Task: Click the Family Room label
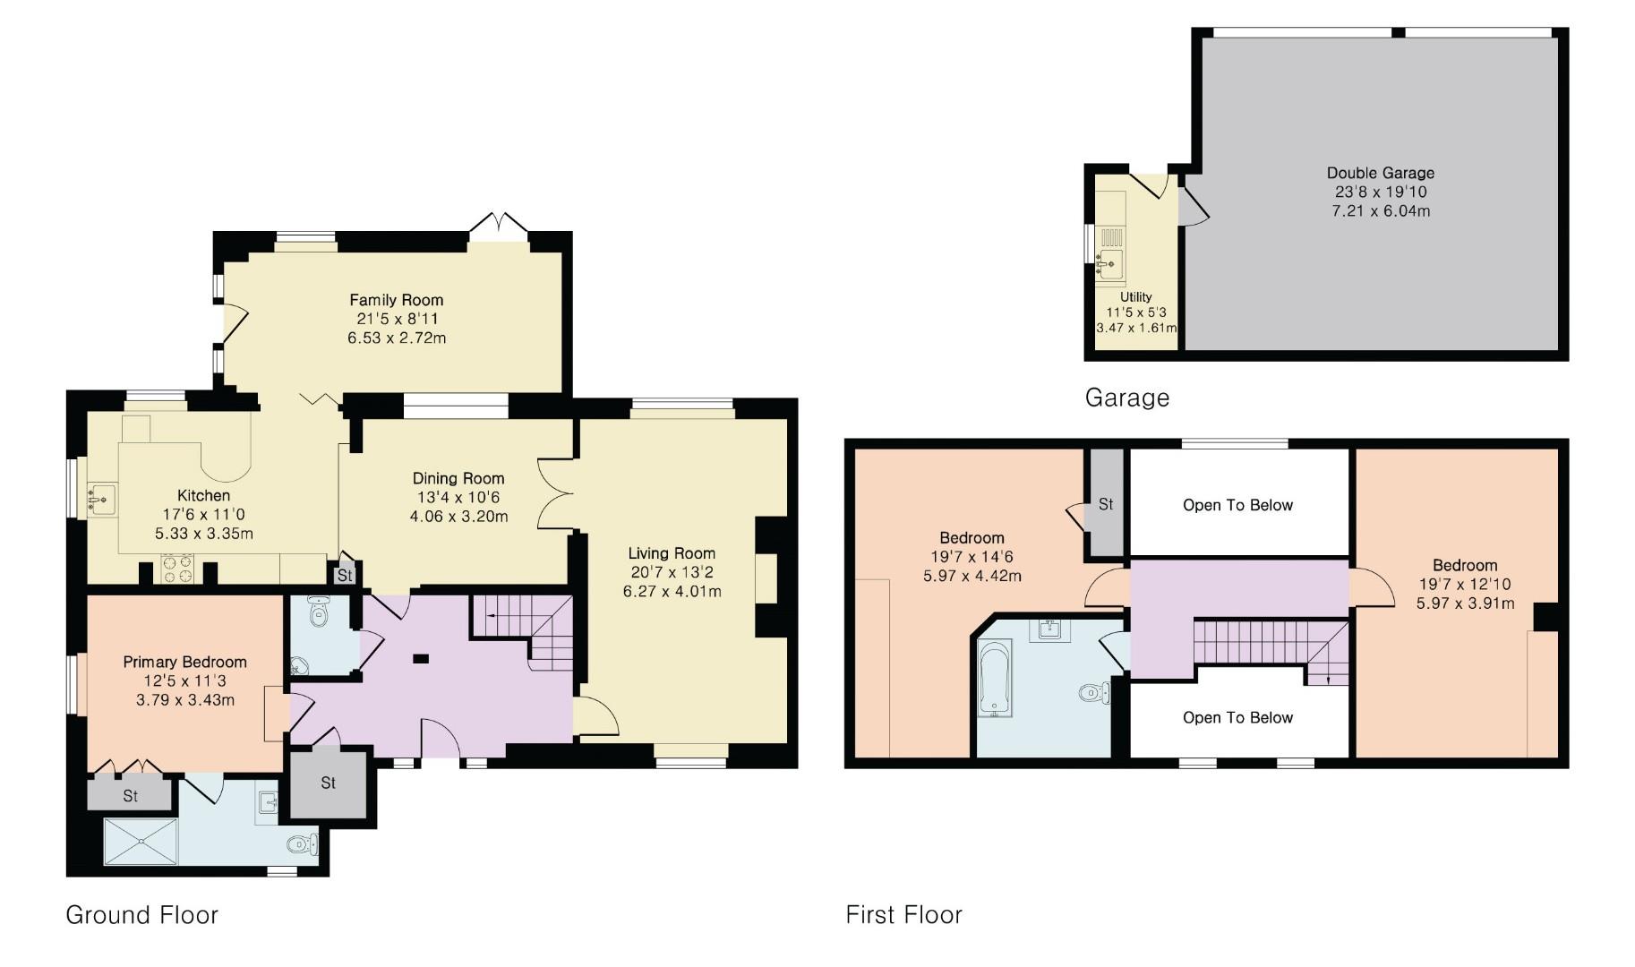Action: [x=396, y=300]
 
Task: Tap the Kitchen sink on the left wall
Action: [x=102, y=497]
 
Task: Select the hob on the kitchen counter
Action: [x=176, y=569]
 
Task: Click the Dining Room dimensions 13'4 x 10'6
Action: [x=458, y=498]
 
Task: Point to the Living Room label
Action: [x=672, y=553]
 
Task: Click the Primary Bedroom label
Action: [x=184, y=663]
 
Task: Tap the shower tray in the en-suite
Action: [x=141, y=841]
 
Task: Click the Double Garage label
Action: [x=1380, y=173]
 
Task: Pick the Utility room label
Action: [x=1135, y=297]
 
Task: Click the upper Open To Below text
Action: [x=1237, y=505]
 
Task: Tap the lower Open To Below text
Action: [x=1237, y=717]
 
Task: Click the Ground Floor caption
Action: [x=141, y=915]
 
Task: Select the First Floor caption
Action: [x=903, y=915]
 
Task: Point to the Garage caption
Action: [x=1126, y=398]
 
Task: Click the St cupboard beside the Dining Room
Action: [x=345, y=575]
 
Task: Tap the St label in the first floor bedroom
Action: [x=1105, y=504]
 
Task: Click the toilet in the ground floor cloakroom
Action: [x=318, y=612]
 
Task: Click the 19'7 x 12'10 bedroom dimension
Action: [x=1465, y=585]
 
